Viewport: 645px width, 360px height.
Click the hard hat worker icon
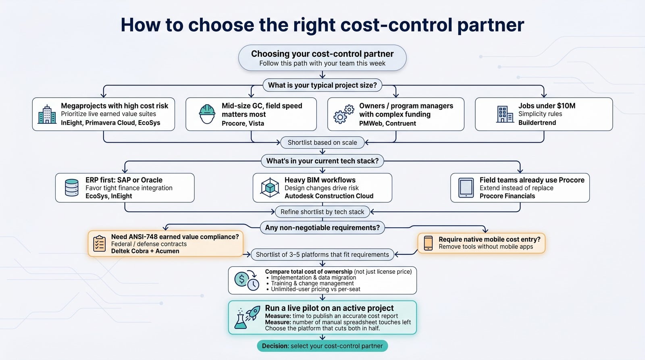point(207,114)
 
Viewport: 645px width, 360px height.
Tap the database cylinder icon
point(72,188)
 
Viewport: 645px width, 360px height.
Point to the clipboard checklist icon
point(99,243)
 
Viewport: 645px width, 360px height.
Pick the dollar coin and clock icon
point(247,280)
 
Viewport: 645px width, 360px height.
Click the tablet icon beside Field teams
point(466,188)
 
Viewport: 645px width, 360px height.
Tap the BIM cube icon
point(270,188)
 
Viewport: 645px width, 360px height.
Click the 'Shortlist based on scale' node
point(322,143)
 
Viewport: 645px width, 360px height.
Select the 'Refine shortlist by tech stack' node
point(322,212)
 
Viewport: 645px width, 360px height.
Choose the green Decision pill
point(322,346)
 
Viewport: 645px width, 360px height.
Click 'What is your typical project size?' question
point(322,85)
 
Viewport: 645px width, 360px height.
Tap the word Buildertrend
point(537,123)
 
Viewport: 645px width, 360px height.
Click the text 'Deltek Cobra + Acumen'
point(145,251)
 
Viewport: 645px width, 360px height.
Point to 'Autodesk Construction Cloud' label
point(329,196)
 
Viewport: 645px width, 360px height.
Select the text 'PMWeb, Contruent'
point(387,123)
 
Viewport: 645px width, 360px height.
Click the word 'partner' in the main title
point(491,25)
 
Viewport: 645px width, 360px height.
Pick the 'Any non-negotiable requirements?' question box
point(322,227)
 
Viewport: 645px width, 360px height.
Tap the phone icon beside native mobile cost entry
point(428,243)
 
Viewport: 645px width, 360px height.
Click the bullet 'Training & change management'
point(312,283)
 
